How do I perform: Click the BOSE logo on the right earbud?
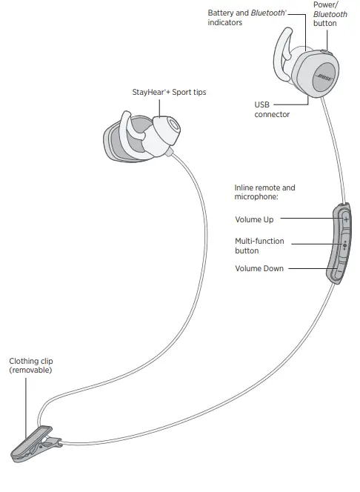click(324, 78)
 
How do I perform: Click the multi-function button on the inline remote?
click(343, 245)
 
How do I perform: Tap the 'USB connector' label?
click(272, 110)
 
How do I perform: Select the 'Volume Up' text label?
click(254, 219)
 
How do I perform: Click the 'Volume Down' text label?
click(259, 268)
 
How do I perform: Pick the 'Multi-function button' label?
click(259, 246)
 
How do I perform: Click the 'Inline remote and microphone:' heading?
click(264, 193)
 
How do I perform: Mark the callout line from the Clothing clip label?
click(27, 404)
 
